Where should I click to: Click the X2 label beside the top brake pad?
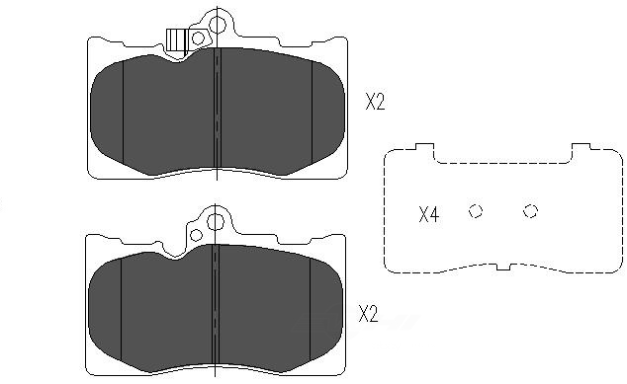(x=375, y=102)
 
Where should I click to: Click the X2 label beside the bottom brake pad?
(x=368, y=313)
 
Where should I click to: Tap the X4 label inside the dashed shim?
(x=428, y=214)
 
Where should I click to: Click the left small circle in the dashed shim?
(x=476, y=211)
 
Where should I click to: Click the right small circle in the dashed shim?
(x=531, y=211)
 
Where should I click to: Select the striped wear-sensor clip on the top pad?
(x=176, y=39)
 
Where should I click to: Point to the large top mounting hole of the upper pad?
(x=218, y=25)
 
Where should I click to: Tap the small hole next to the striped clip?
(x=199, y=38)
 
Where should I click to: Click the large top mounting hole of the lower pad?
(x=216, y=222)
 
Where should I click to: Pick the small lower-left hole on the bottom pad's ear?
(x=196, y=235)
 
